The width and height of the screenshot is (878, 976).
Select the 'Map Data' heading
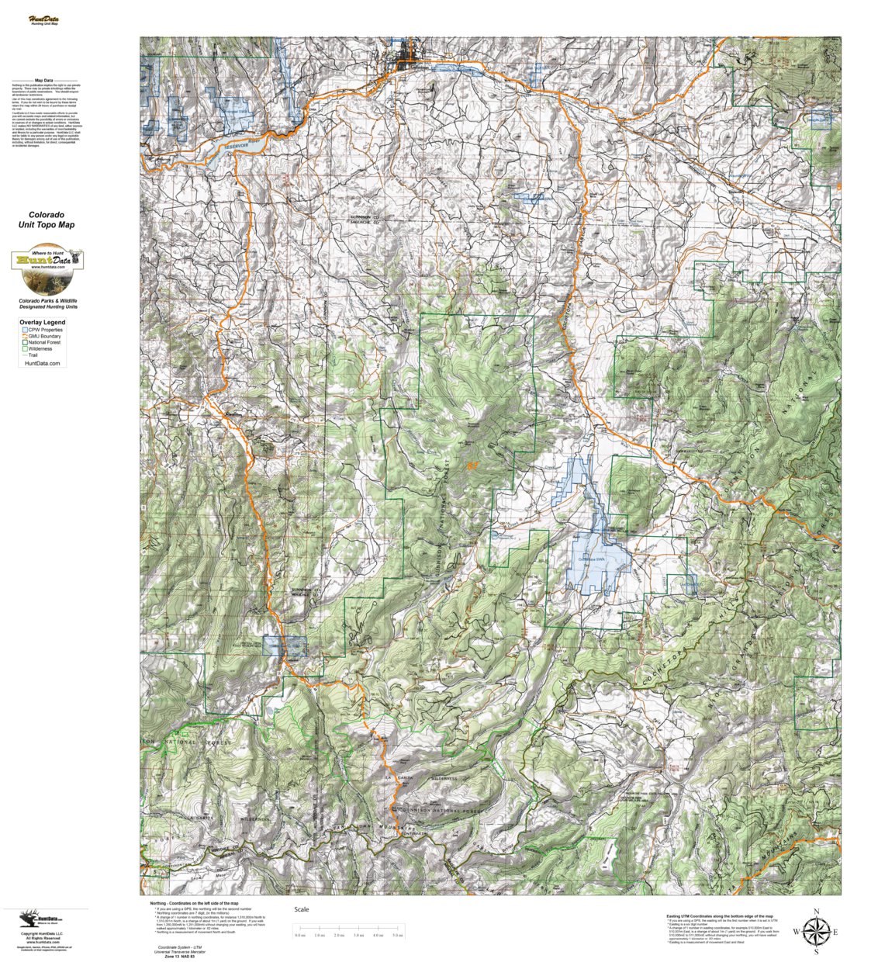(43, 80)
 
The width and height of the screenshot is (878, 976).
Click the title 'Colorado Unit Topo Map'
(47, 220)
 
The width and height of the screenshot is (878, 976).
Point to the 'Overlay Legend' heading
(43, 322)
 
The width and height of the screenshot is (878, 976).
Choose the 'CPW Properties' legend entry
(45, 330)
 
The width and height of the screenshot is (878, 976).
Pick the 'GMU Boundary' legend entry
(45, 336)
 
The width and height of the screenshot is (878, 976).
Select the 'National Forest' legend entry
(45, 342)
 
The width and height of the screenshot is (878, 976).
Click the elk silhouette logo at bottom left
(32, 919)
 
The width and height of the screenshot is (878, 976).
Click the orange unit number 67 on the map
(472, 466)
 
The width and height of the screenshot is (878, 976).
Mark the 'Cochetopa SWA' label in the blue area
(591, 559)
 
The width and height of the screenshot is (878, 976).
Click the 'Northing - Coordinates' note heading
(194, 904)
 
